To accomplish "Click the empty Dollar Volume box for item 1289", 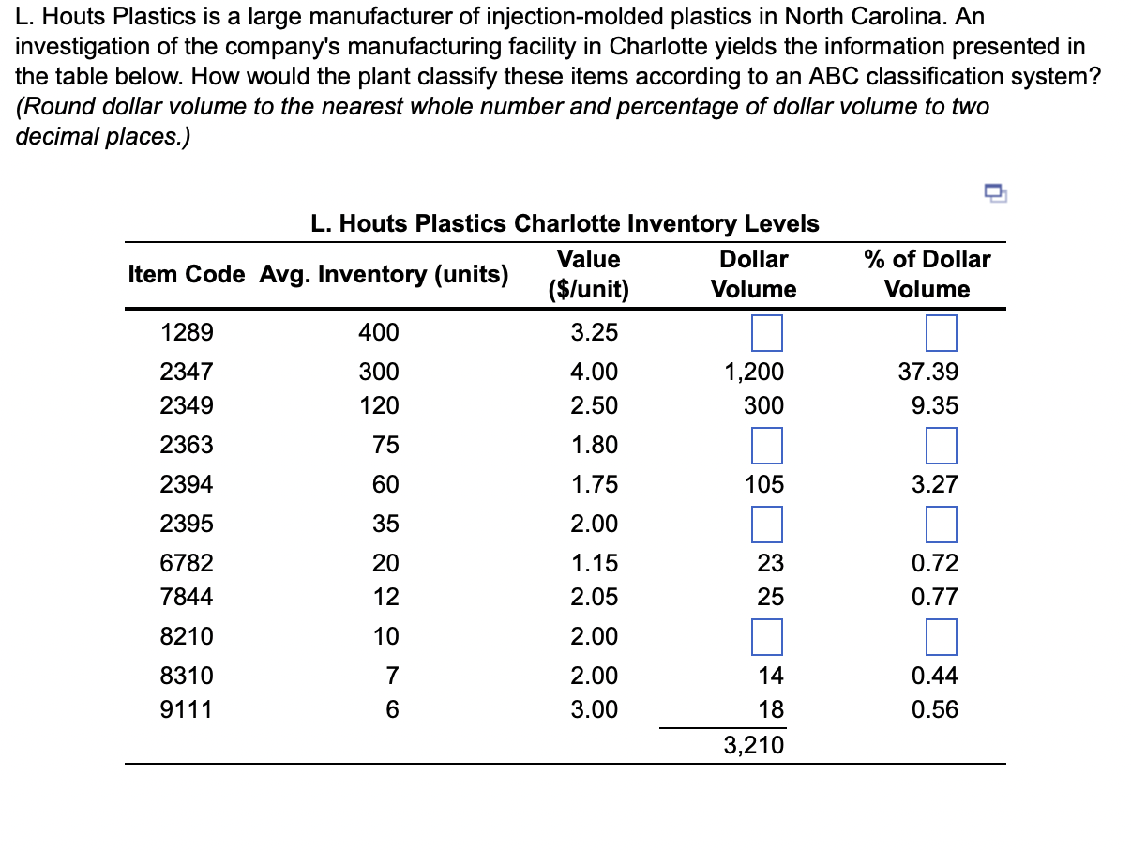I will (766, 332).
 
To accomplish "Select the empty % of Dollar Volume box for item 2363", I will (941, 445).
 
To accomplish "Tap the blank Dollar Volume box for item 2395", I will (766, 524).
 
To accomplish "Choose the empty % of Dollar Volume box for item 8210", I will (941, 636).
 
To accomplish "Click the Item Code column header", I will (187, 274).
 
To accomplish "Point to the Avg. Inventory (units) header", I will (385, 274).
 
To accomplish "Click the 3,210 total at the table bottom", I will (753, 746).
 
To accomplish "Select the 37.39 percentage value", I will (928, 373).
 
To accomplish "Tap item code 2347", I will (187, 373).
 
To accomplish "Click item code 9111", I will (187, 710).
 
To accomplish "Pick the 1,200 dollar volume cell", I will (753, 373).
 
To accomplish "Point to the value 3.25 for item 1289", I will (595, 332).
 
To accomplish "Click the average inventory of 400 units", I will (379, 332).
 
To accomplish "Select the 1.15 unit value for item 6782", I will (595, 563).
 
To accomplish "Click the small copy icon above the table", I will (995, 193).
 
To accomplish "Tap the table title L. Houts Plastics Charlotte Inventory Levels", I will (565, 223).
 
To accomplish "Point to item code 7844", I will (187, 597).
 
